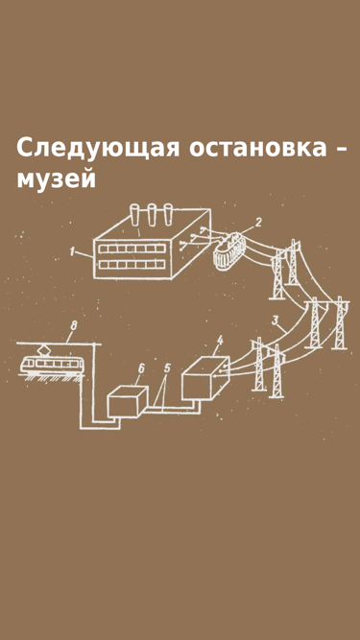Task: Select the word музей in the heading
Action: pos(57,179)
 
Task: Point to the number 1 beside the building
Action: pos(73,252)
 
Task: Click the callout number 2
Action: pos(258,223)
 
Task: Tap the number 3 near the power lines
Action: pos(276,320)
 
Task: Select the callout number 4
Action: pos(220,340)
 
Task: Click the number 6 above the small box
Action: pos(141,367)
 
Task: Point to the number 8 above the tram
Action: pos(73,326)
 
